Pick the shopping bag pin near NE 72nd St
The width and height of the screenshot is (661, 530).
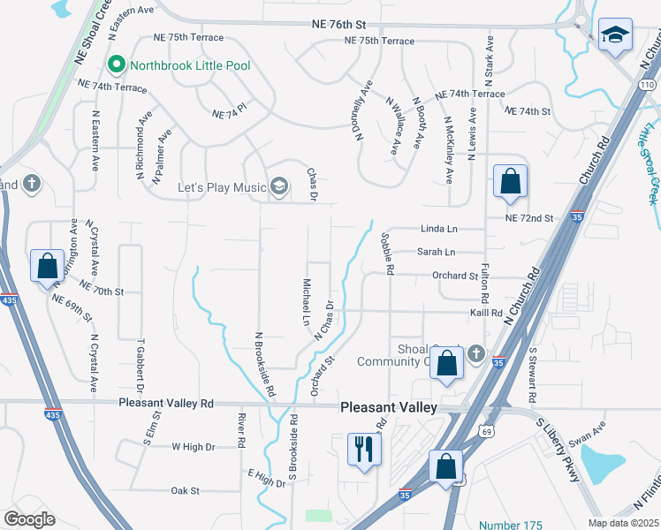[510, 183]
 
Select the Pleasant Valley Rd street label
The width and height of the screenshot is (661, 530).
[167, 403]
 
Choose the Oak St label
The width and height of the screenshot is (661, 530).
[186, 490]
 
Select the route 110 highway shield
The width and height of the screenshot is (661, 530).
[649, 82]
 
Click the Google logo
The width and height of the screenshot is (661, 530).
[30, 519]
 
